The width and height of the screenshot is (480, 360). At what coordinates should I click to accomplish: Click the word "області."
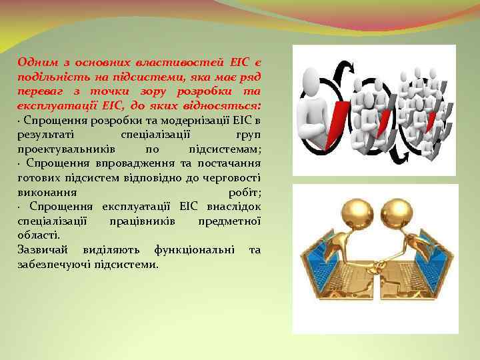coord(39,235)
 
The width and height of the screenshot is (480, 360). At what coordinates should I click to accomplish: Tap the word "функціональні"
coord(193,249)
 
